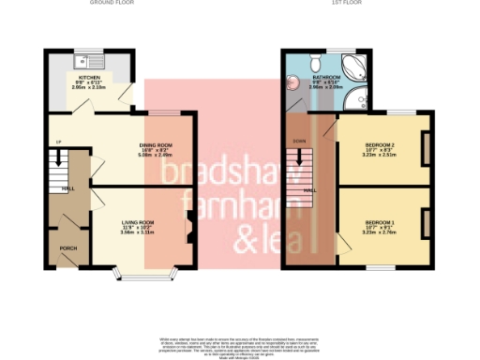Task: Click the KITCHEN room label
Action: click(x=89, y=78)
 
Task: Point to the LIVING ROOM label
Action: click(x=138, y=222)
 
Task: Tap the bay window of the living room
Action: click(x=143, y=275)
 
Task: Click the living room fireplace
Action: click(x=191, y=227)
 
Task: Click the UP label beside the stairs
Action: click(x=58, y=142)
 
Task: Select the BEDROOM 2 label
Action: click(x=381, y=145)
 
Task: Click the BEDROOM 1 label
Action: click(x=381, y=222)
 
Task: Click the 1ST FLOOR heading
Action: click(x=341, y=3)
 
